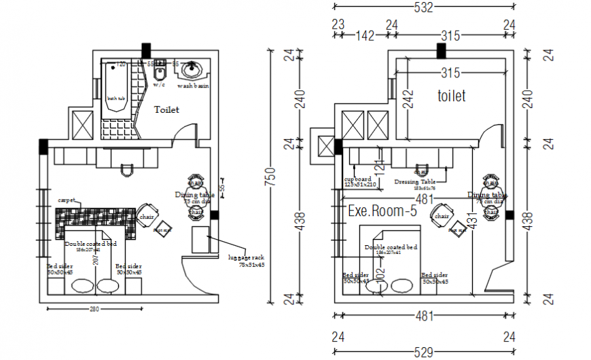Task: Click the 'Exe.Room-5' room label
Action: (382, 211)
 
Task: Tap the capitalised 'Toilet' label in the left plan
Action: (166, 109)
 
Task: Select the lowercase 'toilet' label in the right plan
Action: (451, 96)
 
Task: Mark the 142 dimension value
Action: (365, 37)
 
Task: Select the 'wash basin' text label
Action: (193, 86)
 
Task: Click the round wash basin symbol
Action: (193, 69)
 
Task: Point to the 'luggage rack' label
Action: (247, 257)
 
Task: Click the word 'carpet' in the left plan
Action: (67, 201)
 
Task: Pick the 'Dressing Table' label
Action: (414, 181)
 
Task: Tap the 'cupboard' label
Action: (358, 179)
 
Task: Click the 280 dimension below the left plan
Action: (94, 310)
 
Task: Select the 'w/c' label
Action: (159, 86)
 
